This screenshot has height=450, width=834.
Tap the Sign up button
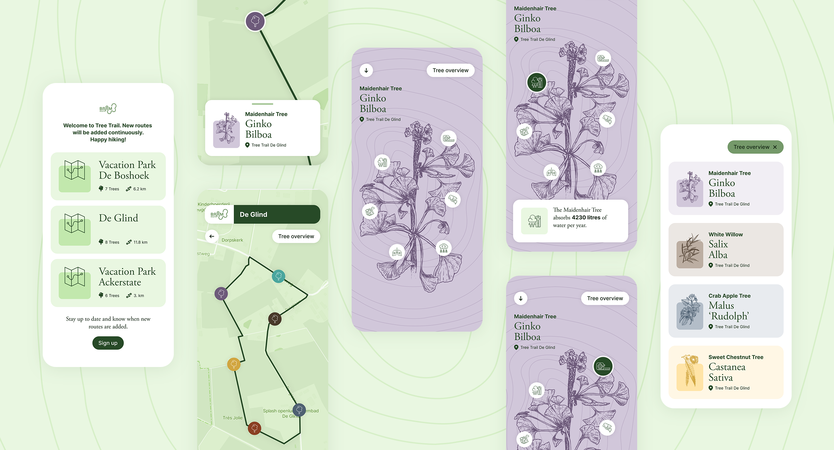point(108,343)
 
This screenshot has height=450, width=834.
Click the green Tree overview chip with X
point(755,147)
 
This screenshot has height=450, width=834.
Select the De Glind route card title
point(118,218)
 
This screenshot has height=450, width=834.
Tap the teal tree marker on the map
point(278,276)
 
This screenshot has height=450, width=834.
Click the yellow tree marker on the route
point(234,364)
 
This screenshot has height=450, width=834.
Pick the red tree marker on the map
point(255,428)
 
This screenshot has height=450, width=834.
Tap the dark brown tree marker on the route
point(275,319)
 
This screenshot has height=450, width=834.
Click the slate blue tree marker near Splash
point(299,410)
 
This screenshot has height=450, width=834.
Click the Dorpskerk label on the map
point(232,240)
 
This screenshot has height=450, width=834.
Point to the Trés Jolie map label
point(233,418)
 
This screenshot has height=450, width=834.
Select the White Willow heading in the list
point(726,234)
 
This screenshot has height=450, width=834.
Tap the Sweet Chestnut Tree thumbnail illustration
point(690,372)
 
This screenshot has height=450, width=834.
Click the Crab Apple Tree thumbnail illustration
point(690,311)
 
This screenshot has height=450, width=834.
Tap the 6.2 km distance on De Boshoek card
point(139,189)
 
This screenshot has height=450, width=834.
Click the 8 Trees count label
point(112,242)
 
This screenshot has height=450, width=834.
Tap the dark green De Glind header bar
point(277,214)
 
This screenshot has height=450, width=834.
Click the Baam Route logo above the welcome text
point(108,109)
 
